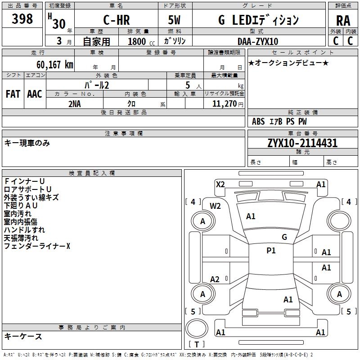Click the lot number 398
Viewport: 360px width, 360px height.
pos(22,19)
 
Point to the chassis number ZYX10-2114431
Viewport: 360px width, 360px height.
pos(302,143)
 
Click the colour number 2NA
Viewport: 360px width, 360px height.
pos(75,103)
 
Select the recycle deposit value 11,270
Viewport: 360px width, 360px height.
pos(224,103)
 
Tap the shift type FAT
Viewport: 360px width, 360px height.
pos(13,94)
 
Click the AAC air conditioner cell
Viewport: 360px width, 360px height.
pos(35,94)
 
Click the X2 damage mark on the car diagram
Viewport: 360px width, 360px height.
pos(220,184)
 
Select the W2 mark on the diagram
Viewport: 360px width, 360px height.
pos(216,206)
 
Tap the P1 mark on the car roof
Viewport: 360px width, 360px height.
pos(271,251)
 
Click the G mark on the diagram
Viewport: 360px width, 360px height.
pos(284,237)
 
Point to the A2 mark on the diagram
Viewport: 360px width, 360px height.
pos(215,279)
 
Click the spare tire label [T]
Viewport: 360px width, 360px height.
pos(197,344)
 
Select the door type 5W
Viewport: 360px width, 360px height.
pos(175,20)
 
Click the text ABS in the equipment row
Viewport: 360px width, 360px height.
pos(258,121)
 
